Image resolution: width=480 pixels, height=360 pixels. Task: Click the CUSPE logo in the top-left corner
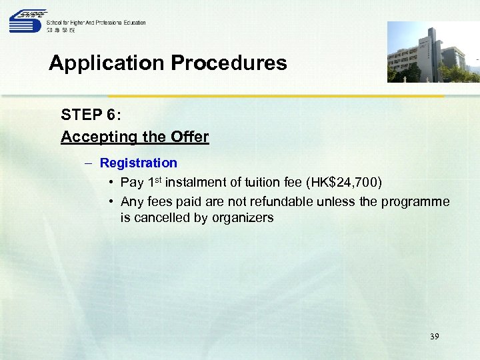point(27,21)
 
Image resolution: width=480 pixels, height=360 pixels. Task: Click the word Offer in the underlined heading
point(190,137)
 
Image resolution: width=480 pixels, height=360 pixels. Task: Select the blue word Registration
point(139,163)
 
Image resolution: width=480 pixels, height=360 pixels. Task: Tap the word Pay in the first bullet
point(131,183)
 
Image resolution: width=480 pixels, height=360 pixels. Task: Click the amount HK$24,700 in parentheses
point(343,183)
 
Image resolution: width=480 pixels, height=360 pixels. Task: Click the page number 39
point(435,337)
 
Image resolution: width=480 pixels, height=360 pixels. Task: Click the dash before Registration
point(88,163)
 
